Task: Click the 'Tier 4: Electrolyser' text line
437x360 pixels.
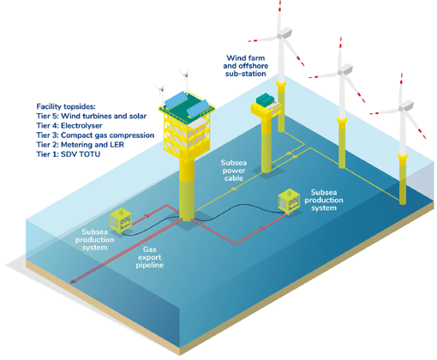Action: tap(69, 126)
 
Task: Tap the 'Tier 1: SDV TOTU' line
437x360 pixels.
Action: tap(69, 154)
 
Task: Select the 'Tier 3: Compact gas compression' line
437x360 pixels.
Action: tap(95, 135)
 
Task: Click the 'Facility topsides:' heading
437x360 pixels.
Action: tap(66, 106)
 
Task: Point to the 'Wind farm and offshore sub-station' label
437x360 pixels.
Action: tap(246, 66)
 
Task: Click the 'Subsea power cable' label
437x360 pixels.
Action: tap(234, 171)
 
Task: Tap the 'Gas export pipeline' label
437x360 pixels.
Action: tap(150, 257)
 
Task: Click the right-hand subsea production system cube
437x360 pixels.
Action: tap(289, 201)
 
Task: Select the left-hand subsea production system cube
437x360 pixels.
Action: tap(121, 220)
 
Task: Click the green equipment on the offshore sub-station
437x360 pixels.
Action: tap(265, 99)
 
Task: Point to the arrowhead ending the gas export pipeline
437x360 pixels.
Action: tap(73, 282)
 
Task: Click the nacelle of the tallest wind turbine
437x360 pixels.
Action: tap(284, 33)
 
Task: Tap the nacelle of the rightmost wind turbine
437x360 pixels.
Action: tap(406, 105)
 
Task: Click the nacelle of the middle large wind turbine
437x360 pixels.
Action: tap(345, 69)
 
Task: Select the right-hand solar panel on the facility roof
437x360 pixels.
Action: tap(198, 109)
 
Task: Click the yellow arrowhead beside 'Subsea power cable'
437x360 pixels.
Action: tap(234, 189)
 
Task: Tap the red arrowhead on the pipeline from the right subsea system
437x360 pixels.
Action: tap(261, 228)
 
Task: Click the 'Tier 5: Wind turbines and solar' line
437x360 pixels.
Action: tap(92, 116)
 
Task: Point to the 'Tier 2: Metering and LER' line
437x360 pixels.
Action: tap(81, 145)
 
